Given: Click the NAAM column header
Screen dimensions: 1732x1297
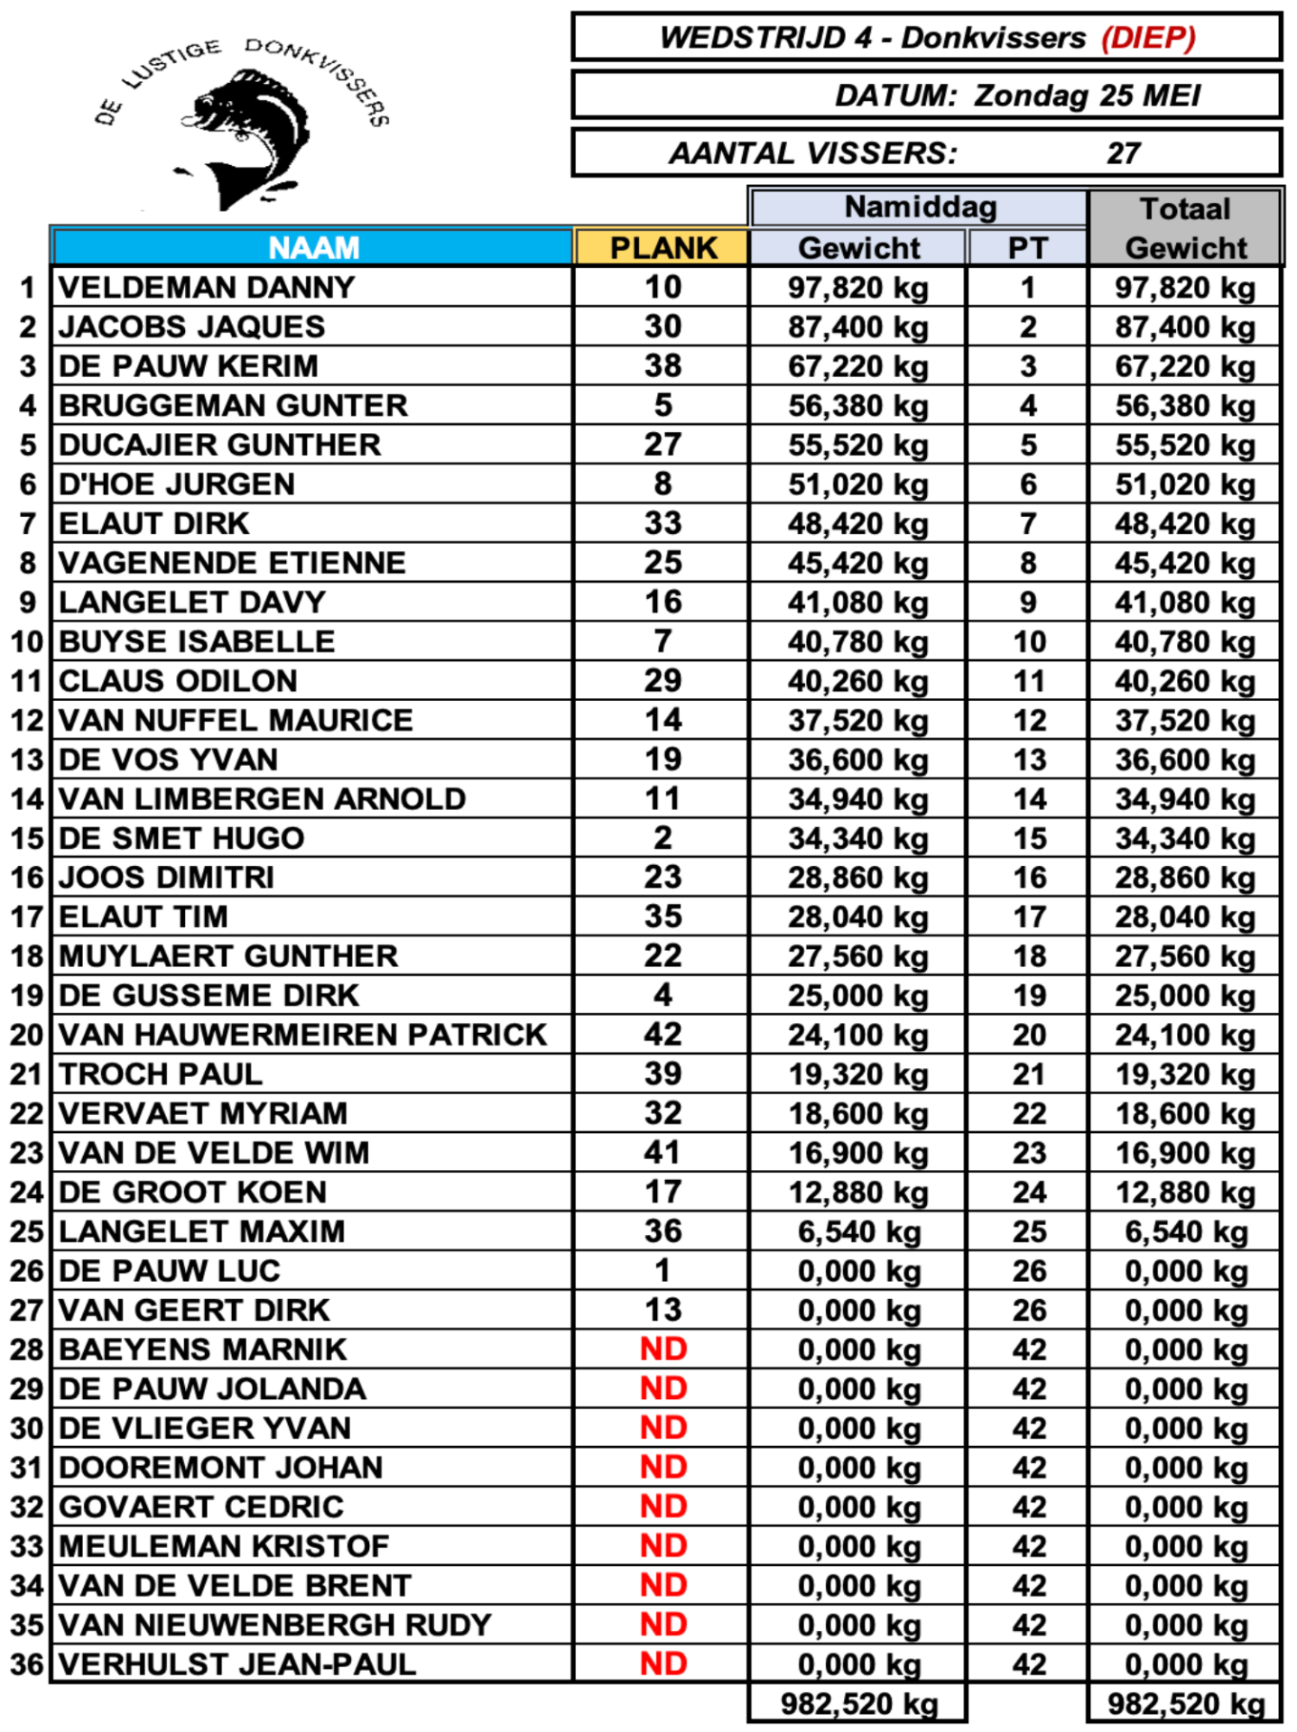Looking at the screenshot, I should click(313, 248).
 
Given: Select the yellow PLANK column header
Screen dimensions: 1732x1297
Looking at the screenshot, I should click(662, 248).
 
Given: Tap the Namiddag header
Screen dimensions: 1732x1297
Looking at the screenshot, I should click(919, 207).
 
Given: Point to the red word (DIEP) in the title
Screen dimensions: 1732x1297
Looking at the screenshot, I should click(1148, 38).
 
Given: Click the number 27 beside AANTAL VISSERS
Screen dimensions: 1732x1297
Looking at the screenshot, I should click(1123, 153).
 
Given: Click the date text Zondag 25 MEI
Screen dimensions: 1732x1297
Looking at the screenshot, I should click(1087, 96).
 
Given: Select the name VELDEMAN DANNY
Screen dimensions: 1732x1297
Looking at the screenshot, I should click(207, 288).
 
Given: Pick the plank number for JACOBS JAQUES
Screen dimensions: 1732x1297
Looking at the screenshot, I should click(662, 327).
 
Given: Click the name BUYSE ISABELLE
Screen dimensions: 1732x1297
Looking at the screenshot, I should click(197, 641).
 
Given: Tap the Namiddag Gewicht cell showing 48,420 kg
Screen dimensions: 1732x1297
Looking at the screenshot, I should click(857, 524).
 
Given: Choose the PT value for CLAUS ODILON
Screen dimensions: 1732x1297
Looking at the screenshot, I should click(1028, 681).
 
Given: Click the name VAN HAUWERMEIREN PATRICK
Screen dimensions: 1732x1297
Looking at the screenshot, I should click(302, 1035).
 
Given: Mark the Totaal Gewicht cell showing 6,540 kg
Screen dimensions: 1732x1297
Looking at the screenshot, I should click(1185, 1232).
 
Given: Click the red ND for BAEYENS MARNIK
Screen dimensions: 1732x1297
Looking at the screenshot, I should click(663, 1350).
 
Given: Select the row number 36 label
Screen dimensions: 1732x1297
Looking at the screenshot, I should click(27, 1664).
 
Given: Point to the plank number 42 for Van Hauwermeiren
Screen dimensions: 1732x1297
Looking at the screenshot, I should click(662, 1035).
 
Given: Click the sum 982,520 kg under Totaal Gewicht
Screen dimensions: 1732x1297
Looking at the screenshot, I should click(1185, 1704).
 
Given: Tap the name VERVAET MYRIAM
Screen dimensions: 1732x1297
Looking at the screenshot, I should click(203, 1113).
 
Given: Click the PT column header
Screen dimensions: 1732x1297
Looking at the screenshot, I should click(1028, 248).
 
